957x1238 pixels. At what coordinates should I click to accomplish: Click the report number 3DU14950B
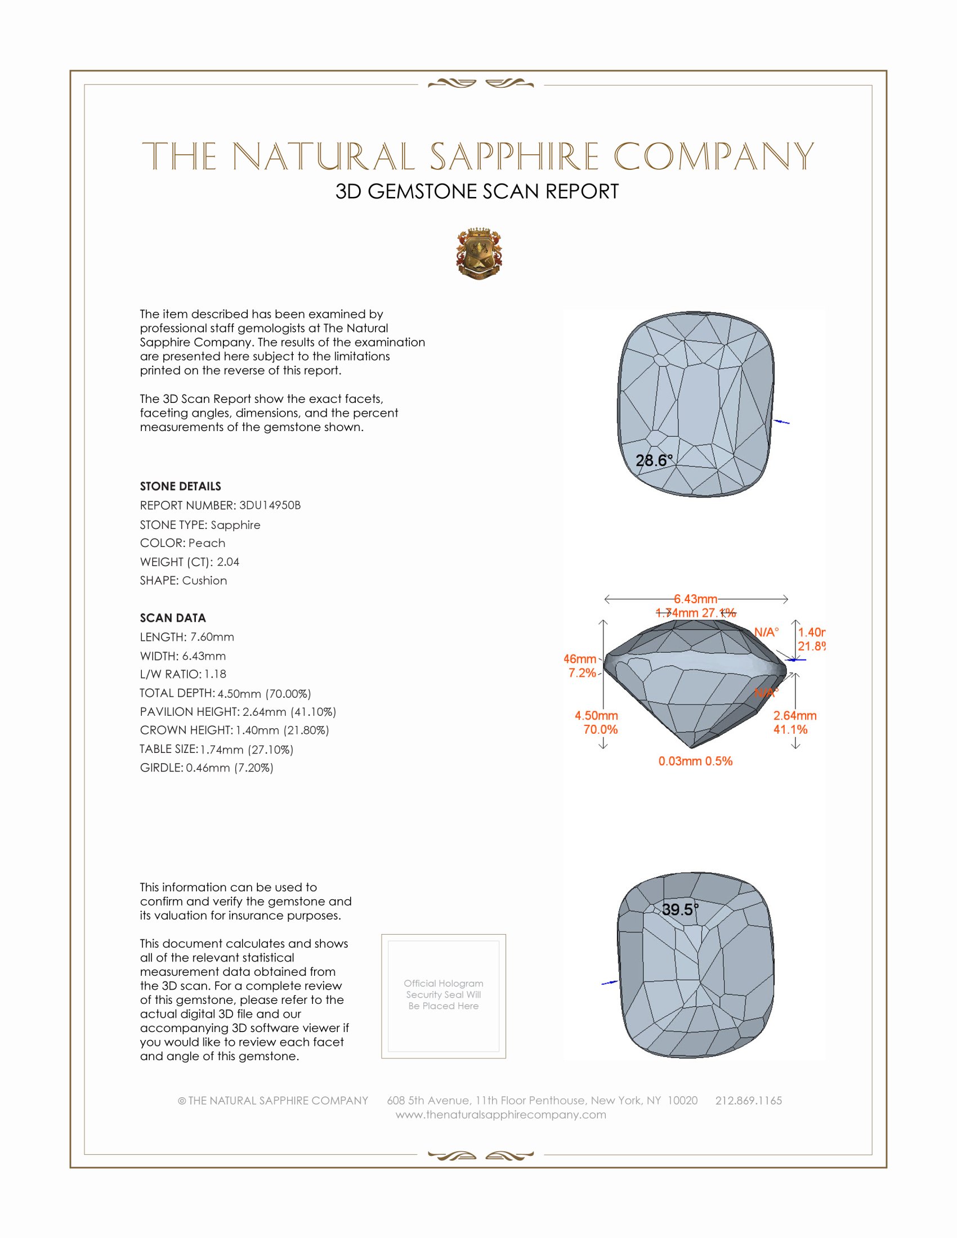[270, 505]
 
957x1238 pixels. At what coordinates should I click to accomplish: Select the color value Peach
[207, 543]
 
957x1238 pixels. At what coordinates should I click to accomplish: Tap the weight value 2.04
[228, 562]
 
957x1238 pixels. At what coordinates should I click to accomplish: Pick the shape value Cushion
[204, 581]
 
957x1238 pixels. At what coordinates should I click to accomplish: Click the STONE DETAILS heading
[180, 486]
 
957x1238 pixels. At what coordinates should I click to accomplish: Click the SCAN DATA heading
[173, 618]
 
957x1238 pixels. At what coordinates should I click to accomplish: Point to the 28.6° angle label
[654, 460]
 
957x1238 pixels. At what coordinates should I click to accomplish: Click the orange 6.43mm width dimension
[696, 599]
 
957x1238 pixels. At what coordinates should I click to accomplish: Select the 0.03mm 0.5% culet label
[695, 761]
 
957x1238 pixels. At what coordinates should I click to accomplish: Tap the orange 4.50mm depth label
[596, 716]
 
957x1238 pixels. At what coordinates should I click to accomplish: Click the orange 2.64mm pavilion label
[795, 716]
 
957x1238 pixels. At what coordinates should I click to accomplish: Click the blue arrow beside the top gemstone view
[782, 421]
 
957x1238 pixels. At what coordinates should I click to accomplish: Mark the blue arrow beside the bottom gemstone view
[610, 983]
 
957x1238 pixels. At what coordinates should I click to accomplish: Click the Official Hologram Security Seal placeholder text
[444, 994]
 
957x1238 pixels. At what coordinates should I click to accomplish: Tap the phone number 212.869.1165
[748, 1100]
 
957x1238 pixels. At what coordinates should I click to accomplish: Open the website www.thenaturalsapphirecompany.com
[500, 1114]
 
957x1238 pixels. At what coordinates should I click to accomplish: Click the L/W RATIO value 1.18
[215, 674]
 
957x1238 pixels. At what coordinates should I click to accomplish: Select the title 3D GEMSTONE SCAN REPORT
[477, 191]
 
